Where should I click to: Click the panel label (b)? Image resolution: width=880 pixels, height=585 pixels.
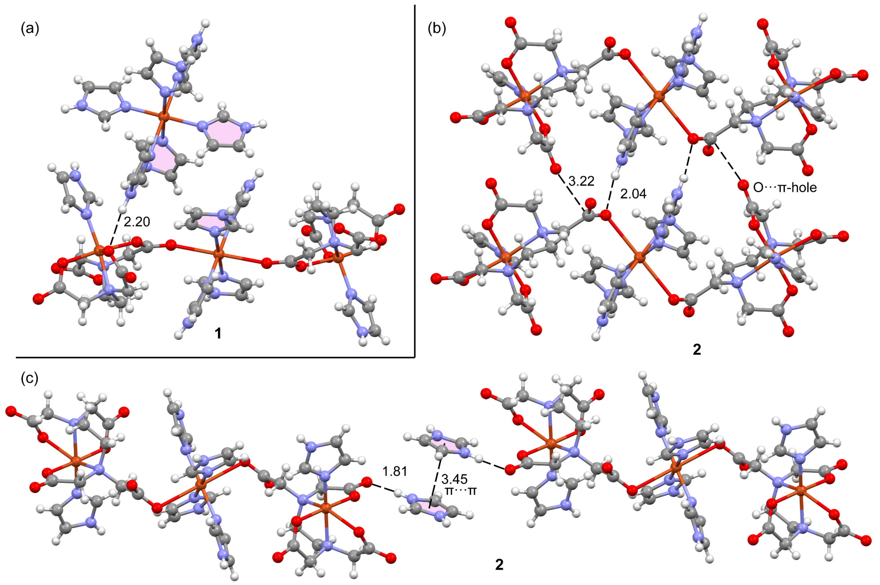[437, 29]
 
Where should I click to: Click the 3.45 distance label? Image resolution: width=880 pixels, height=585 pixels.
[454, 479]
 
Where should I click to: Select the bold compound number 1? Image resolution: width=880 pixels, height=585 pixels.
[218, 333]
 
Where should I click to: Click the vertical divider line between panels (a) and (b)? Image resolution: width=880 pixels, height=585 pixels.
[415, 179]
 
